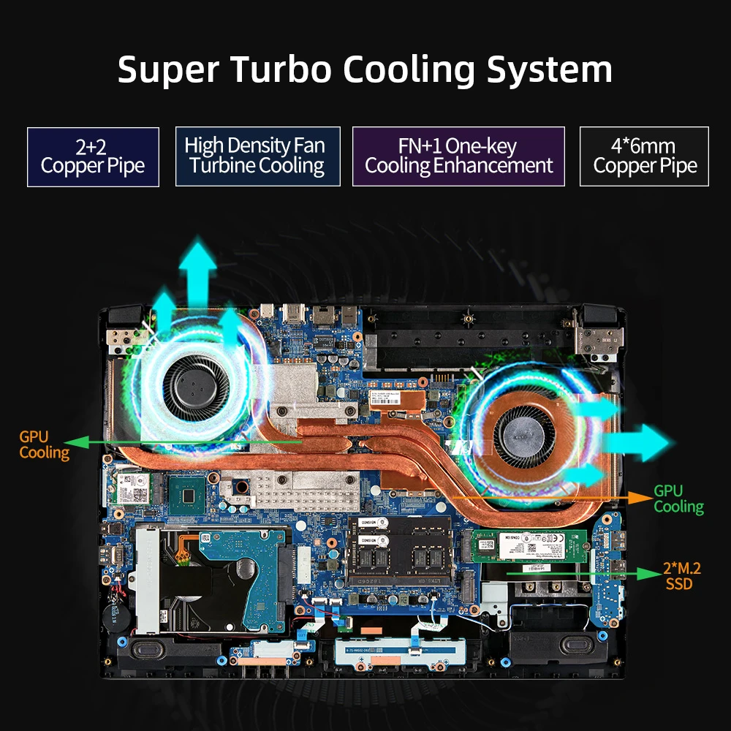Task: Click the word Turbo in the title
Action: click(281, 70)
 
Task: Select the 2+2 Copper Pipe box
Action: click(93, 156)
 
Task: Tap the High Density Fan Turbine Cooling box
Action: click(257, 156)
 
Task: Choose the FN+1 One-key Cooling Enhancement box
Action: click(458, 156)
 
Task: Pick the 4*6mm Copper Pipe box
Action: click(644, 156)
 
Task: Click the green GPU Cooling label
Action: click(678, 499)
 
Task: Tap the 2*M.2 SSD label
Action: click(678, 576)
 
